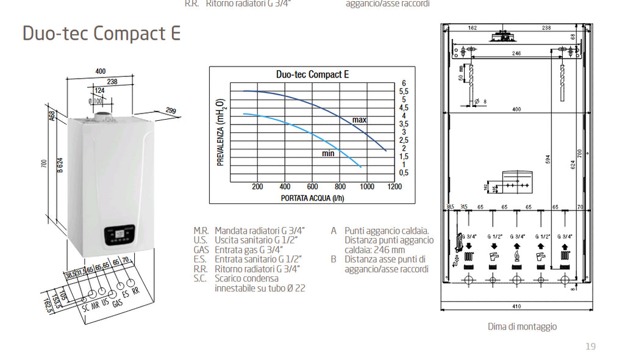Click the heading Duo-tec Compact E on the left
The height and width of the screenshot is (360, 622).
point(101,34)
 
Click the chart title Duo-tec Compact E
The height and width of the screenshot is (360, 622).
point(312,74)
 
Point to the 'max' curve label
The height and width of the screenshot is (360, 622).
point(359,120)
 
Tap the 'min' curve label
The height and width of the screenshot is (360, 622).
point(328,154)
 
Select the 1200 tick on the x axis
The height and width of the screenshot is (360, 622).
point(395,187)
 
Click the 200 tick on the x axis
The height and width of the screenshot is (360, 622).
point(257,187)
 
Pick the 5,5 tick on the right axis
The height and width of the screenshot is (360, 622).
point(404,92)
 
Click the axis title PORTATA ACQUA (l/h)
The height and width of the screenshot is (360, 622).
point(312,198)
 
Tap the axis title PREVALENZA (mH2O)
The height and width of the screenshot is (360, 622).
point(221,132)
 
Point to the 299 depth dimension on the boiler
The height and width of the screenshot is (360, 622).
point(171,111)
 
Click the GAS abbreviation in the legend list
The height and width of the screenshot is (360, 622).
point(201,250)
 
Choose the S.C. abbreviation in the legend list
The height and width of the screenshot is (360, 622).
point(201,278)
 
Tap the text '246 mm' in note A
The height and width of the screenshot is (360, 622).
point(390,250)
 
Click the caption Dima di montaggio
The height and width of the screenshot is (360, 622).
point(522,326)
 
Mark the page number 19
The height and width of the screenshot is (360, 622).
point(590,347)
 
